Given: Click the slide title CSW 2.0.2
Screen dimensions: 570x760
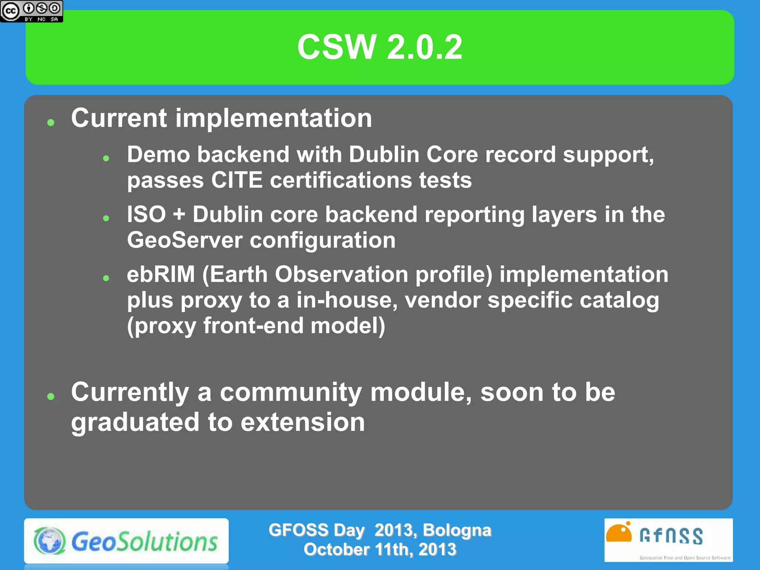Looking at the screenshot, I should tap(380, 47).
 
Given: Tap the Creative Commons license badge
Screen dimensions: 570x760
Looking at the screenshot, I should tap(31, 11).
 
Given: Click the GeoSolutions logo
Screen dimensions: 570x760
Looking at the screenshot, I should tap(126, 541).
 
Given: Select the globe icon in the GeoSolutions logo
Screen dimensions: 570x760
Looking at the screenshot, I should tap(50, 541).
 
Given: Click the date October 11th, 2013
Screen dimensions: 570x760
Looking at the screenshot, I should tap(380, 549).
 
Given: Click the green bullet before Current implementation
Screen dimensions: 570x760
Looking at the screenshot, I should tap(51, 122).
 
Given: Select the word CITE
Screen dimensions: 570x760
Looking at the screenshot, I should tap(237, 180).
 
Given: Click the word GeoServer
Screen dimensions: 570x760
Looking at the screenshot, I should tap(184, 240).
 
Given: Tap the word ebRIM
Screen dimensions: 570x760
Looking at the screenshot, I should tap(161, 274).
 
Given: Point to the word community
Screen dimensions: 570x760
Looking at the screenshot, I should tap(291, 392).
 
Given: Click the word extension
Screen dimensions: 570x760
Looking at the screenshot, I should tap(302, 422).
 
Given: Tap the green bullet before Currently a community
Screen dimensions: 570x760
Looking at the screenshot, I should tap(51, 396).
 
